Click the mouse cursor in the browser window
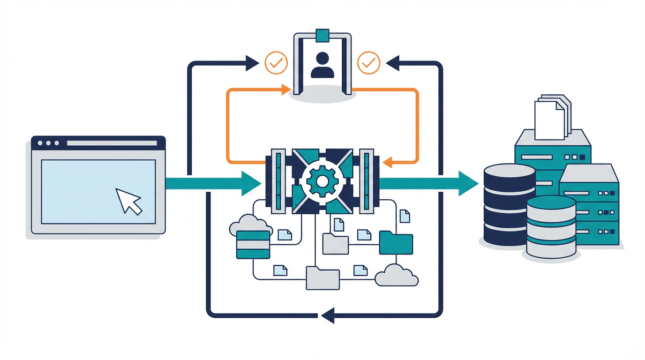pyautogui.click(x=128, y=201)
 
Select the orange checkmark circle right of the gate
pyautogui.click(x=368, y=63)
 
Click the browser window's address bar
pyautogui.click(x=112, y=143)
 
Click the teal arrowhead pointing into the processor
pyautogui.click(x=251, y=183)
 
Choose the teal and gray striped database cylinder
pyautogui.click(x=551, y=227)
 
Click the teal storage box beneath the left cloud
pyautogui.click(x=253, y=244)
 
